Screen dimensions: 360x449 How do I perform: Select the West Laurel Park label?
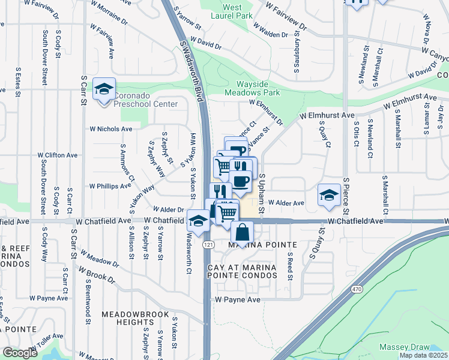pyautogui.click(x=232, y=12)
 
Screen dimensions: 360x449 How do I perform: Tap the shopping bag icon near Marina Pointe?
pyautogui.click(x=241, y=232)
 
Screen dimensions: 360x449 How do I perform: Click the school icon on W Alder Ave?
pyautogui.click(x=329, y=195)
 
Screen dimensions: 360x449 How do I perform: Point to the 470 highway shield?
pyautogui.click(x=356, y=289)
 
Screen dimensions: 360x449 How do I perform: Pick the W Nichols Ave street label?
pyautogui.click(x=111, y=128)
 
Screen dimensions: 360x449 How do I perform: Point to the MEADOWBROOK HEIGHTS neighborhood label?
pyautogui.click(x=128, y=318)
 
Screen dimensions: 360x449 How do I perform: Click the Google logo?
pyautogui.click(x=20, y=353)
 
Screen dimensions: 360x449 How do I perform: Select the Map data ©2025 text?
pyautogui.click(x=423, y=355)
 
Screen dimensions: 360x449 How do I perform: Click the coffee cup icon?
pyautogui.click(x=240, y=181)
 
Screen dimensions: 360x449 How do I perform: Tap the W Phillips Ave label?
pyautogui.click(x=110, y=186)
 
